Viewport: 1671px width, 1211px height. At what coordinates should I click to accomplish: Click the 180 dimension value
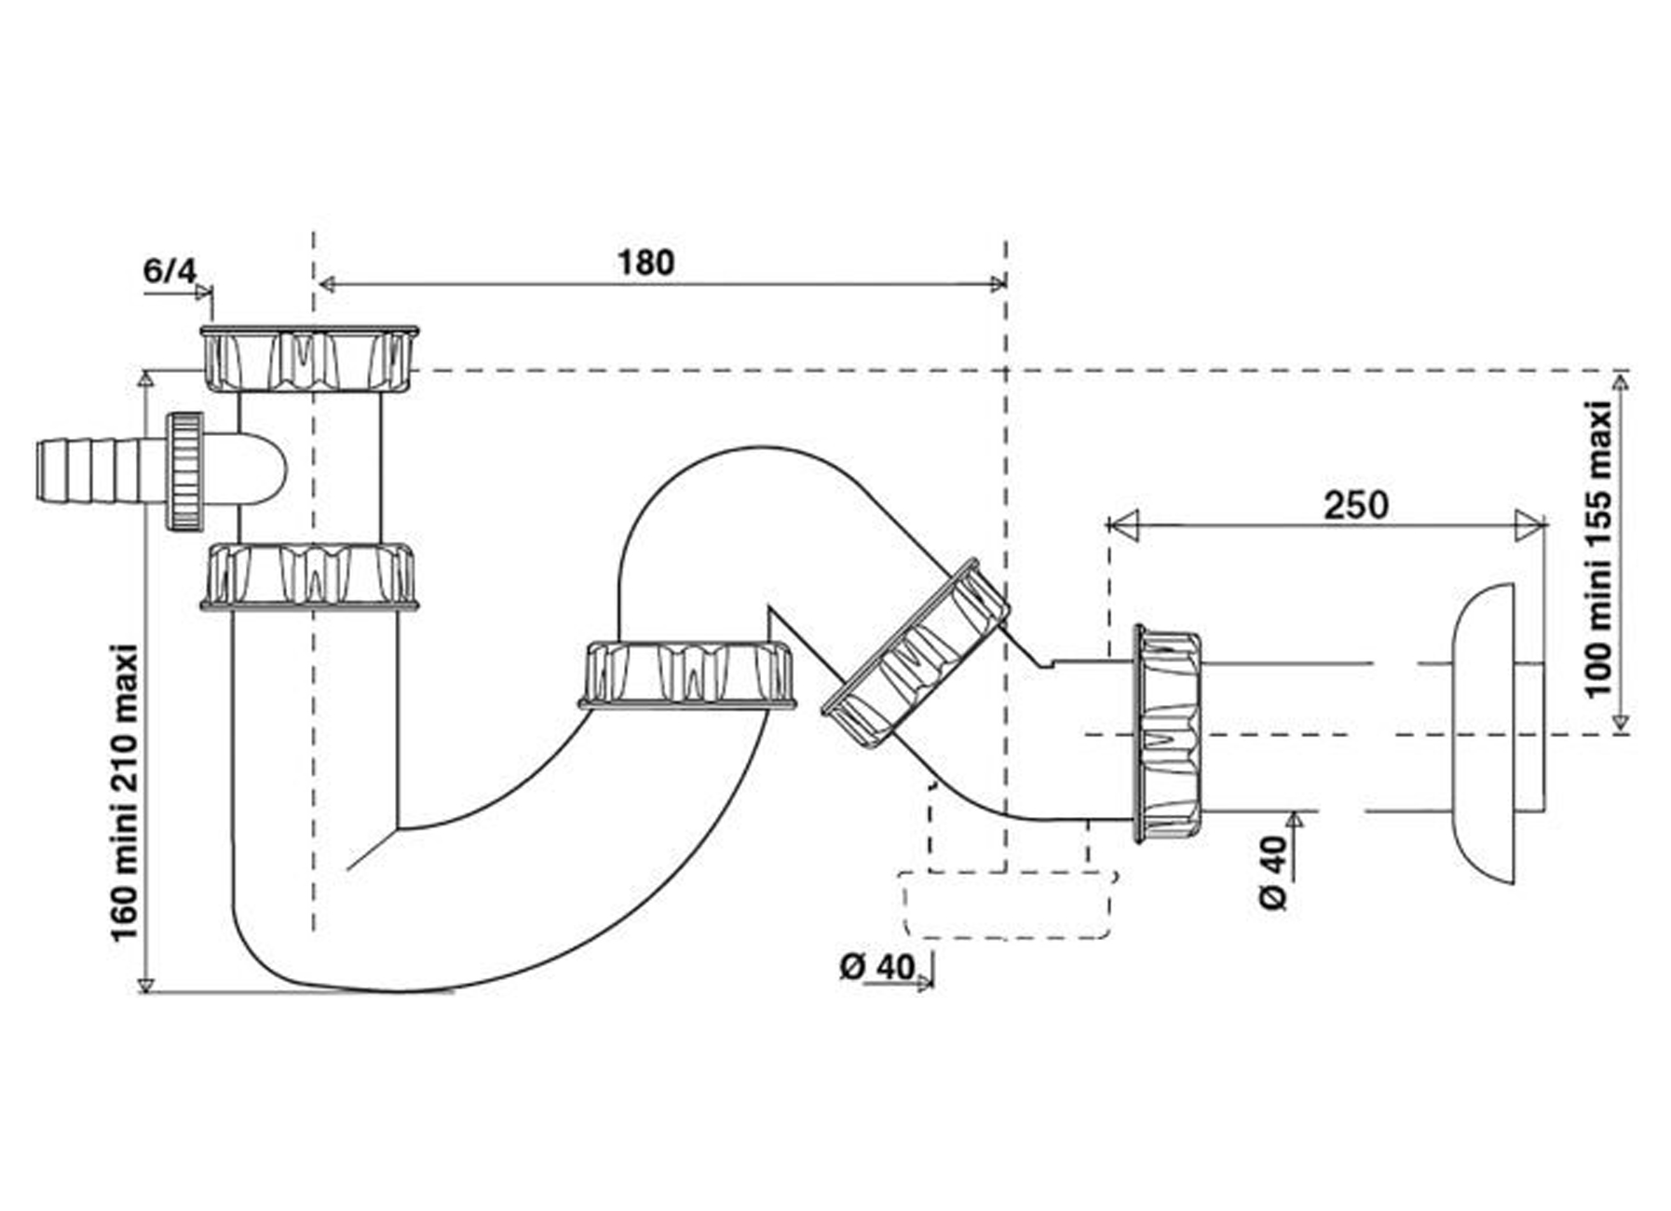click(x=645, y=263)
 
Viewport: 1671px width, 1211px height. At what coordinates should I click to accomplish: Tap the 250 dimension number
click(x=1356, y=505)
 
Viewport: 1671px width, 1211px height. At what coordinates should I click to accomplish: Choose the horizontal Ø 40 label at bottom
click(x=877, y=967)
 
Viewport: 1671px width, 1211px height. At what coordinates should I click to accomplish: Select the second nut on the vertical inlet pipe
click(x=309, y=576)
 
